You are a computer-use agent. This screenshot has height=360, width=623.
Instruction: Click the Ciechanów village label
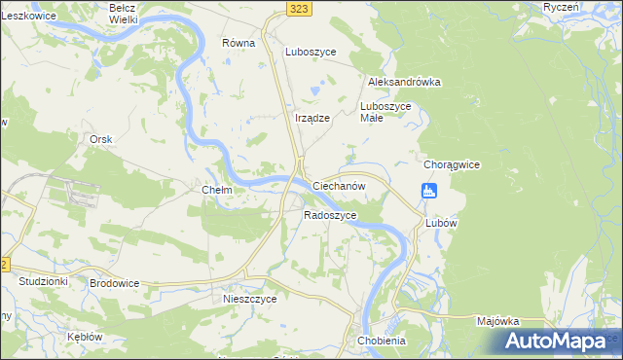338,185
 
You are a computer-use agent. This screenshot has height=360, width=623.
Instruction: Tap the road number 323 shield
300,8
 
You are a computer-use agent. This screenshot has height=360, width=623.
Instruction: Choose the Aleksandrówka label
404,83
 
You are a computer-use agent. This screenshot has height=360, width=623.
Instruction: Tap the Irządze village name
312,118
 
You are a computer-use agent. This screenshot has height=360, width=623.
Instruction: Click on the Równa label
238,43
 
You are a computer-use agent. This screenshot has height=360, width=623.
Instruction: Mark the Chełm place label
216,191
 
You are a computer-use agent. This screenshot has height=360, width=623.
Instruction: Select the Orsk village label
101,140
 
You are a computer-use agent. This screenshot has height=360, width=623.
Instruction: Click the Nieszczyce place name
250,300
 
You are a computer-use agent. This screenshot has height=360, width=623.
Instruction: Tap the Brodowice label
114,282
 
